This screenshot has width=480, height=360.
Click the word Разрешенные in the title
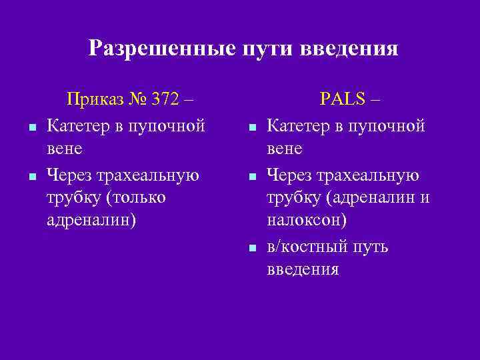[157, 48]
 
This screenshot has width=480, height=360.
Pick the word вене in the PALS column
[284, 147]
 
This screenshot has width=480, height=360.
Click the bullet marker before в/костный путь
[253, 248]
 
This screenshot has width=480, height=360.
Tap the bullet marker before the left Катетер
[33, 126]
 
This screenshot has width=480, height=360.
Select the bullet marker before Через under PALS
[253, 177]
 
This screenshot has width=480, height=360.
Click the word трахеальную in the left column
[149, 175]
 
